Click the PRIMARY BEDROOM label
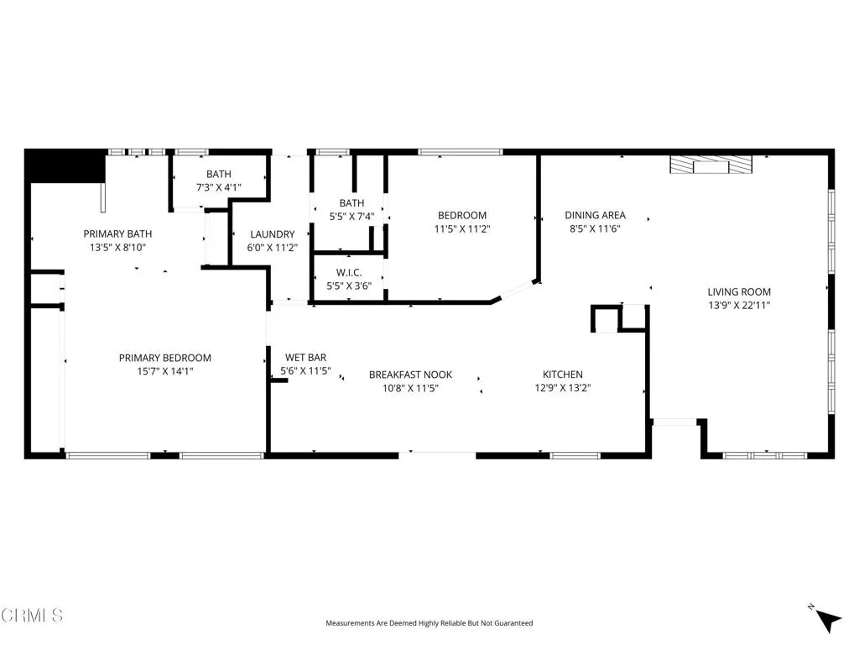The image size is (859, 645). pos(165,358)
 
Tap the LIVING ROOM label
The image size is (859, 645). pos(738,292)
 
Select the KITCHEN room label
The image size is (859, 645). pos(562,375)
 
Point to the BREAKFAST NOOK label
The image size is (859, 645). pos(410,375)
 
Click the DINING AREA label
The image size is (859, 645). pos(595,215)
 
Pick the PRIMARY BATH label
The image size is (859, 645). pos(117,233)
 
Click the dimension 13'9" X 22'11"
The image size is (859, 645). pos(738,306)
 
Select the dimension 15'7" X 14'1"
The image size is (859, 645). pos(165,371)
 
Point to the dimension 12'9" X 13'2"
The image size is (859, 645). pos(562,388)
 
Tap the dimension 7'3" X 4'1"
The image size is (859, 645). pos(219,187)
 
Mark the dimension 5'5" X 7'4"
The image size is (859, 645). pos(351,217)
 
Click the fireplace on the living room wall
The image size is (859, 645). pos(711,165)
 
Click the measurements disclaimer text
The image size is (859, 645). pos(429,623)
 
